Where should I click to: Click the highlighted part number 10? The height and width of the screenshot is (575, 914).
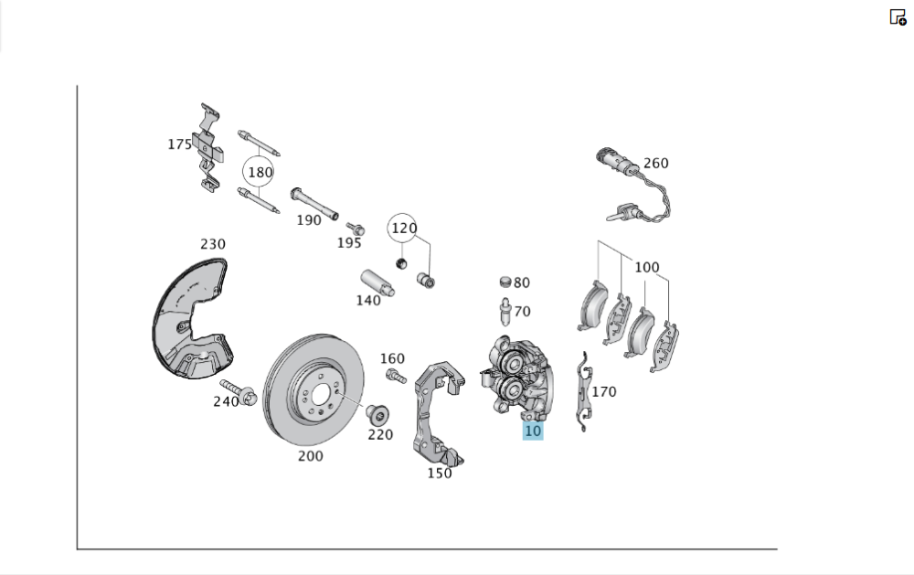click(533, 431)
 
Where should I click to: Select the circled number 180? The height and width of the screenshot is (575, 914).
click(259, 172)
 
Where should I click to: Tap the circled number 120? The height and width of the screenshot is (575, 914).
click(402, 228)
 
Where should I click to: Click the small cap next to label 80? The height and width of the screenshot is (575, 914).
click(505, 282)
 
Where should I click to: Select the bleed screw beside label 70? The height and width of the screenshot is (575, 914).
click(505, 312)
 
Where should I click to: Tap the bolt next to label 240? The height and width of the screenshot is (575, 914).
click(239, 392)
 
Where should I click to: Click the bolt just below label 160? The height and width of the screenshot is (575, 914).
click(396, 375)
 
